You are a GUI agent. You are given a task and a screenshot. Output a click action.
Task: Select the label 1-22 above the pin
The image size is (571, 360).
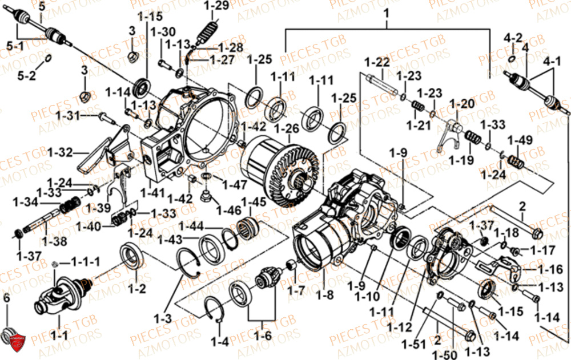[x=377, y=62]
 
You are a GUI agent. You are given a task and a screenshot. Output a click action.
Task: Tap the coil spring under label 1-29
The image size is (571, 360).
[x=207, y=32]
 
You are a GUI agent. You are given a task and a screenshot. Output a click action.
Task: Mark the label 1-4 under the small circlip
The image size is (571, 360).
[x=219, y=342]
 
